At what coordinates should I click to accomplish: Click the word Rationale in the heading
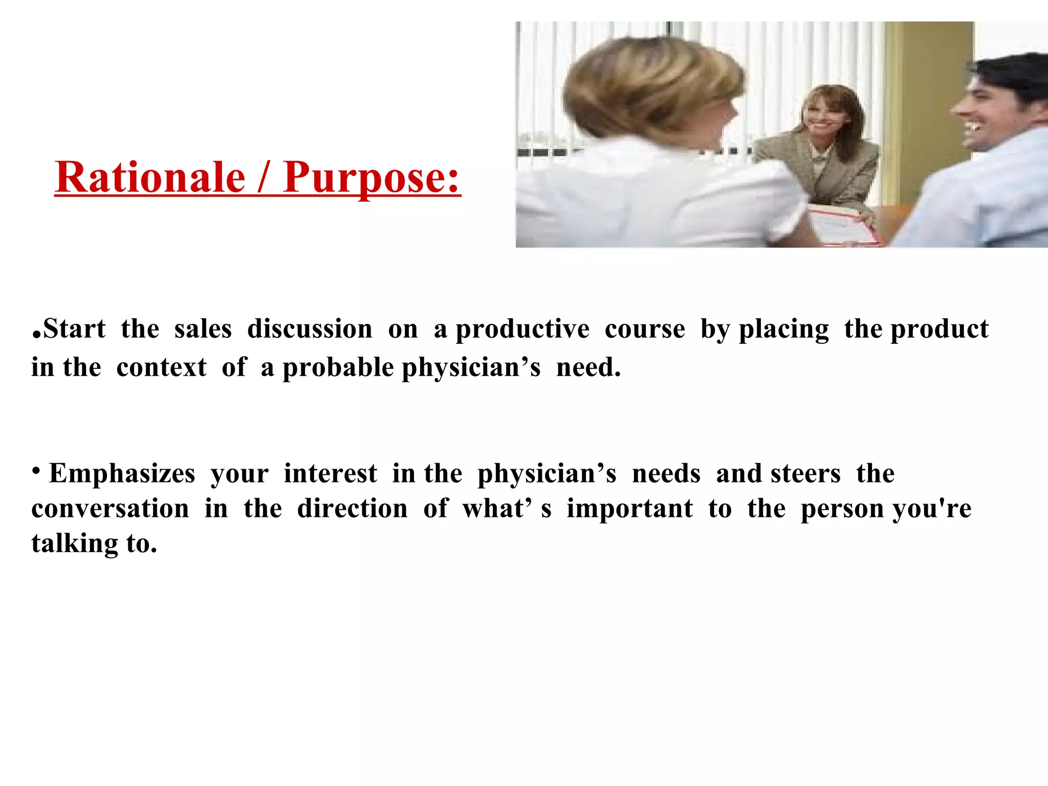[x=150, y=177]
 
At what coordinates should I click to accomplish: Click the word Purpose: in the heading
[x=372, y=177]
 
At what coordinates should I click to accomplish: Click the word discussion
[x=310, y=329]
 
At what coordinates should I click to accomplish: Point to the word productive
[x=522, y=329]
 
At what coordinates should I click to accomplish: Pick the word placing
[x=783, y=329]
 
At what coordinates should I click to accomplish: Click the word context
[x=161, y=367]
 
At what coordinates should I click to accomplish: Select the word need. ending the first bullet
[x=588, y=367]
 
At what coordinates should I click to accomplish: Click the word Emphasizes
[x=122, y=473]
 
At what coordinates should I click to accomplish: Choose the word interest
[x=330, y=473]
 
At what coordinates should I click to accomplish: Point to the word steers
[x=806, y=473]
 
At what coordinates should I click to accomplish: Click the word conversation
[x=110, y=509]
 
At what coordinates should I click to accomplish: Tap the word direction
[x=352, y=509]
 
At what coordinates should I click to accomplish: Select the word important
[x=629, y=509]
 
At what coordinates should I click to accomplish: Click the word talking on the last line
[x=75, y=543]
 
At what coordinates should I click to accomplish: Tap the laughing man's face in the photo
[x=985, y=110]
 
